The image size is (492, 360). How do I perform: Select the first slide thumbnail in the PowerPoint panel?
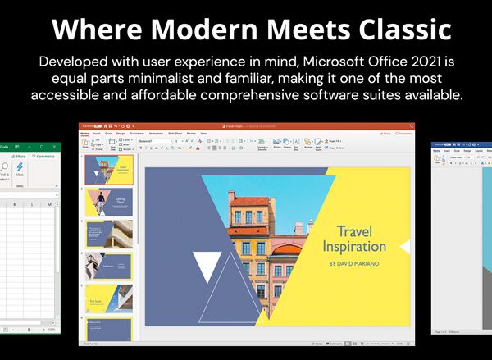point(108,171)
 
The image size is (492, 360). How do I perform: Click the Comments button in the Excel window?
point(44,156)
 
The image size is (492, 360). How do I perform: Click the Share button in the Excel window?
point(18,156)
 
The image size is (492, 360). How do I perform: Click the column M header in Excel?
point(49,203)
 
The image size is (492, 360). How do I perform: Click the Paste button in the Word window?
point(439,160)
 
